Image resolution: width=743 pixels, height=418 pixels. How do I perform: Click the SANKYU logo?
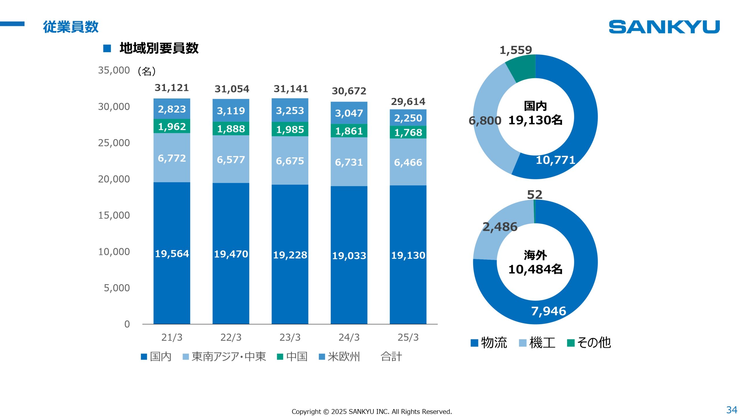pos(664,27)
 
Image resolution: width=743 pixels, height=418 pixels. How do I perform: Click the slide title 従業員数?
pos(71,27)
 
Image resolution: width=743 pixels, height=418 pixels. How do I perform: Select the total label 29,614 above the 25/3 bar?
pos(408,102)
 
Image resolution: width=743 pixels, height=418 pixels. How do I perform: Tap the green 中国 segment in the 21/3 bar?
pos(172,126)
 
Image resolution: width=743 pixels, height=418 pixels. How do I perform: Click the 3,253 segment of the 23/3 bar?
pos(290,111)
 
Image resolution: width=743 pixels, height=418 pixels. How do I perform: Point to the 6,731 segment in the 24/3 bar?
pos(349,162)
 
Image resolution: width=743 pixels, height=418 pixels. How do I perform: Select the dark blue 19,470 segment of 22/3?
pos(231,254)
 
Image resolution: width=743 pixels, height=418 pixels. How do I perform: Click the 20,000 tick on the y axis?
pos(114,179)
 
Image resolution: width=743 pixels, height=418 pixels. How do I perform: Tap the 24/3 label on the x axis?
pos(349,337)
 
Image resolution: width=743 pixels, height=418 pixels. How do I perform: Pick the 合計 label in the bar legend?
pos(391,356)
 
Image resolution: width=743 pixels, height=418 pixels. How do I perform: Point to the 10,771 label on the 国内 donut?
pos(555,160)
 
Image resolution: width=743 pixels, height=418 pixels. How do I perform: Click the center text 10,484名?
pos(535,269)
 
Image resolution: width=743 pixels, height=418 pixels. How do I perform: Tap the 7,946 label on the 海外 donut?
pos(549,311)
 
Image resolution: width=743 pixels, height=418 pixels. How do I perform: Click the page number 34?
pos(731,410)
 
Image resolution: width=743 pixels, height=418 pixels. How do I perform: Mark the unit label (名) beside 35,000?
pos(147,71)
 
